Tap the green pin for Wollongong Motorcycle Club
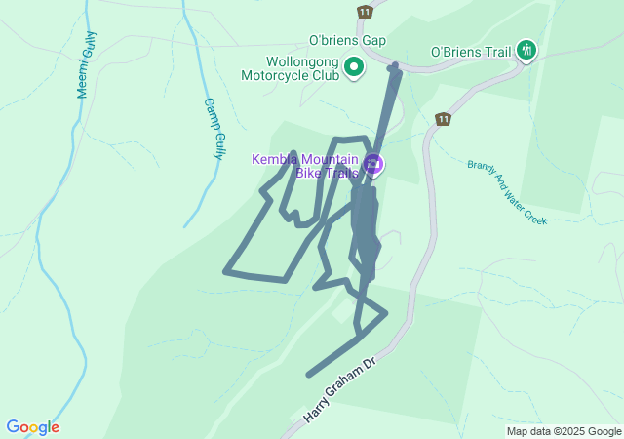point(354,67)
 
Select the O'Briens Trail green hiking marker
point(526,50)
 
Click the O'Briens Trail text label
point(470,52)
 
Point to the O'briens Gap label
point(347,40)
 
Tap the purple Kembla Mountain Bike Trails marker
point(373,163)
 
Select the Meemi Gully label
point(87,64)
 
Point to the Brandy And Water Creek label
point(506,192)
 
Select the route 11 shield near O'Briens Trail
point(444,119)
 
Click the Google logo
point(32,427)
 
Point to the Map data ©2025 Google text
point(564,431)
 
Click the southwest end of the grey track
point(309,375)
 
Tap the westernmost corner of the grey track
point(225,271)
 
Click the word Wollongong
point(302,60)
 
